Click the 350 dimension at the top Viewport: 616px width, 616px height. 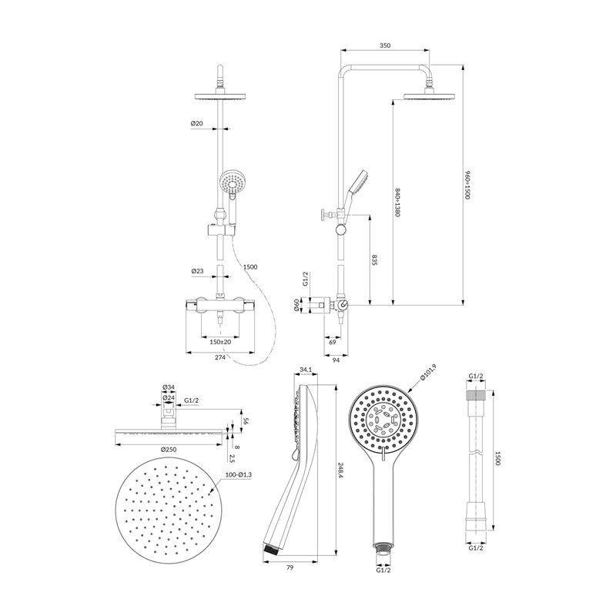tap(385, 45)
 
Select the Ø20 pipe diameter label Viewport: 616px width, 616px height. tap(197, 123)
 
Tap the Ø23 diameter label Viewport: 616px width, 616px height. tap(197, 271)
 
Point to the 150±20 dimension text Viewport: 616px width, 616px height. tap(220, 342)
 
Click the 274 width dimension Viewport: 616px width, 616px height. tap(220, 357)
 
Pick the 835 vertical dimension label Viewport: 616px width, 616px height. tap(374, 260)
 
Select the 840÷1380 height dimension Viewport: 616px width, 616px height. tap(397, 203)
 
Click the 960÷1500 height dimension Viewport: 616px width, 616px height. tap(467, 185)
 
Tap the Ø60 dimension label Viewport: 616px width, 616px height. tap(296, 305)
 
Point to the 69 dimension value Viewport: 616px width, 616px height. tap(333, 342)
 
